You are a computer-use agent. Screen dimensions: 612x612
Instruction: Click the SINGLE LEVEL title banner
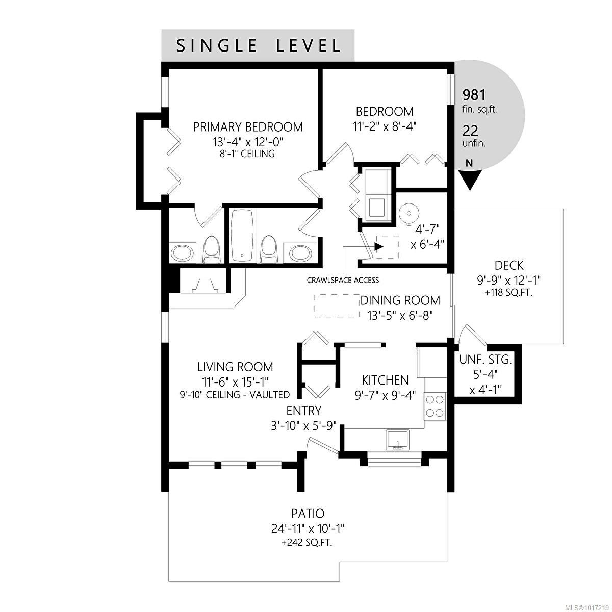[x=258, y=45]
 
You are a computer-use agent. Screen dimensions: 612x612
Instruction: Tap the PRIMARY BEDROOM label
[x=248, y=127]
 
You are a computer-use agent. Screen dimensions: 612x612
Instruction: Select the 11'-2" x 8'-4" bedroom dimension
[x=384, y=126]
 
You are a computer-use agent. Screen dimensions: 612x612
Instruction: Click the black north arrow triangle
[x=470, y=180]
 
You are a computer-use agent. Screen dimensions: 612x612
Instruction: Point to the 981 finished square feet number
[x=473, y=94]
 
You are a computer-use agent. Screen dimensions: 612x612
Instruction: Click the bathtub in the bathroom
[x=243, y=235]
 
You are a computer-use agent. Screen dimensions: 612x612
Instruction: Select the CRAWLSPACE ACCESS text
[x=343, y=280]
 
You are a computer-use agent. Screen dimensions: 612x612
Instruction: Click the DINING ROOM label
[x=400, y=300]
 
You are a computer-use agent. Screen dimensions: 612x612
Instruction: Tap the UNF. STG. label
[x=485, y=359]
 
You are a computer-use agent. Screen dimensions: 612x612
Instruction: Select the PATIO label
[x=308, y=514]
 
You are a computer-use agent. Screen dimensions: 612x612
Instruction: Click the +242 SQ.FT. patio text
[x=307, y=543]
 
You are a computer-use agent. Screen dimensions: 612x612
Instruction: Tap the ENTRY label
[x=303, y=411]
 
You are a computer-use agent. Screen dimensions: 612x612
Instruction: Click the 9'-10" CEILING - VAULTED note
[x=235, y=394]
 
